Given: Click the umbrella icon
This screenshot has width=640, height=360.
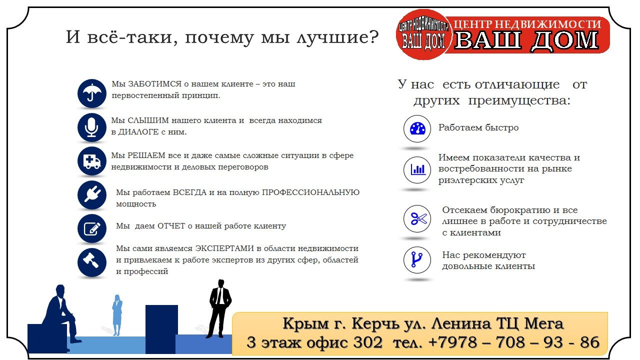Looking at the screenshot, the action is click(x=91, y=93).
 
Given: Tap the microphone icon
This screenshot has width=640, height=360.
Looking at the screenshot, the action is click(x=91, y=127).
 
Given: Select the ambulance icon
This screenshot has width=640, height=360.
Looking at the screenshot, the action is click(x=91, y=161).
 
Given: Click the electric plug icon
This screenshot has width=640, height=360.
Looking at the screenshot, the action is click(x=91, y=195).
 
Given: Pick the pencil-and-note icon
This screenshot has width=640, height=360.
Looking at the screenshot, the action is click(x=91, y=228).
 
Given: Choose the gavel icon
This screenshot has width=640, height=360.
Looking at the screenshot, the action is click(x=91, y=262).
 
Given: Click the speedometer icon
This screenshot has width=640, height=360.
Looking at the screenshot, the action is click(x=417, y=129).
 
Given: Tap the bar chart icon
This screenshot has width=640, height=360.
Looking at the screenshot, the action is click(x=417, y=170).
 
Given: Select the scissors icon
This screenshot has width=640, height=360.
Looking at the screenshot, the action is click(x=417, y=219).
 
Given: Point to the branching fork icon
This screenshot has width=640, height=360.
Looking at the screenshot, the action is click(x=417, y=260).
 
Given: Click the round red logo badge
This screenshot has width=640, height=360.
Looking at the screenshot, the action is click(x=423, y=34).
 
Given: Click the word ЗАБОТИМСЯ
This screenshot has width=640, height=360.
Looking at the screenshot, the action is click(x=154, y=84).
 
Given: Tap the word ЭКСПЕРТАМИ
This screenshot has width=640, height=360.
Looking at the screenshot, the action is click(x=224, y=248).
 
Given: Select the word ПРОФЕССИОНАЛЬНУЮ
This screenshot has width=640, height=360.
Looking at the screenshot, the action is click(x=310, y=192).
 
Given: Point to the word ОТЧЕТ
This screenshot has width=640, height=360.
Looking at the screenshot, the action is click(x=171, y=226).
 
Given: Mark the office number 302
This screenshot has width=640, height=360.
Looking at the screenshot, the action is click(x=367, y=342).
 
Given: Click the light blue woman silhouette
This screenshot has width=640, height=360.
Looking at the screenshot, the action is click(x=117, y=315).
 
